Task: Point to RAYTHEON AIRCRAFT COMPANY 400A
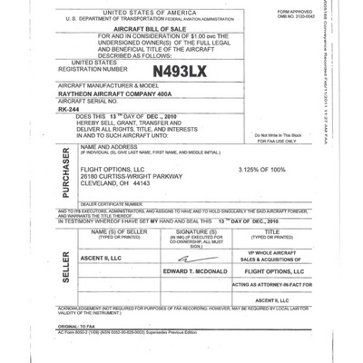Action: [x=118, y=93]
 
